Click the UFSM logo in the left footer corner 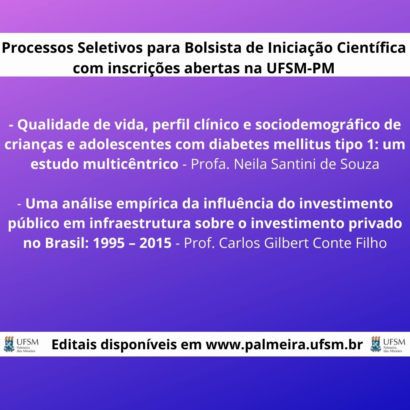[x=21, y=344]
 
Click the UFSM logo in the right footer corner [x=388, y=344]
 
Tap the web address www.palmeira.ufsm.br [x=284, y=345]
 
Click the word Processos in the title [x=38, y=48]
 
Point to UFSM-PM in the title [x=300, y=68]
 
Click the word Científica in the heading [x=371, y=48]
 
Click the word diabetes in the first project [x=239, y=144]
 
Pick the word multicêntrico [x=131, y=164]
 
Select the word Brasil [x=67, y=243]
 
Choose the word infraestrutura [x=140, y=223]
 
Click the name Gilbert [x=287, y=243]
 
